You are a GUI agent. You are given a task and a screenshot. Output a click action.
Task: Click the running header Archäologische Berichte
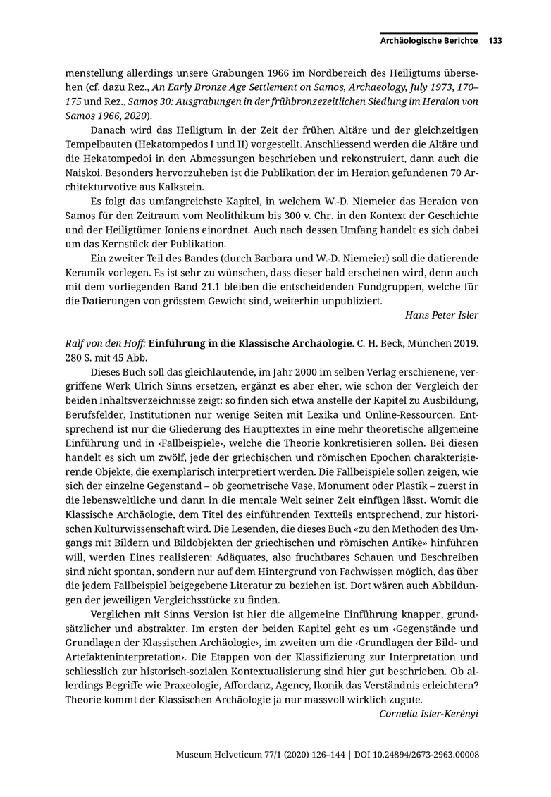pyautogui.click(x=429, y=41)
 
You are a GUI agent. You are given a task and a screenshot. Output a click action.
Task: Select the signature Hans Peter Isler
pyautogui.click(x=442, y=314)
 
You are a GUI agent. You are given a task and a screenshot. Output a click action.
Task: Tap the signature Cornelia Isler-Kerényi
pyautogui.click(x=429, y=713)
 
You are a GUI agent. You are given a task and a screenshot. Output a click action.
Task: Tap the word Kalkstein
pyautogui.click(x=179, y=187)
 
